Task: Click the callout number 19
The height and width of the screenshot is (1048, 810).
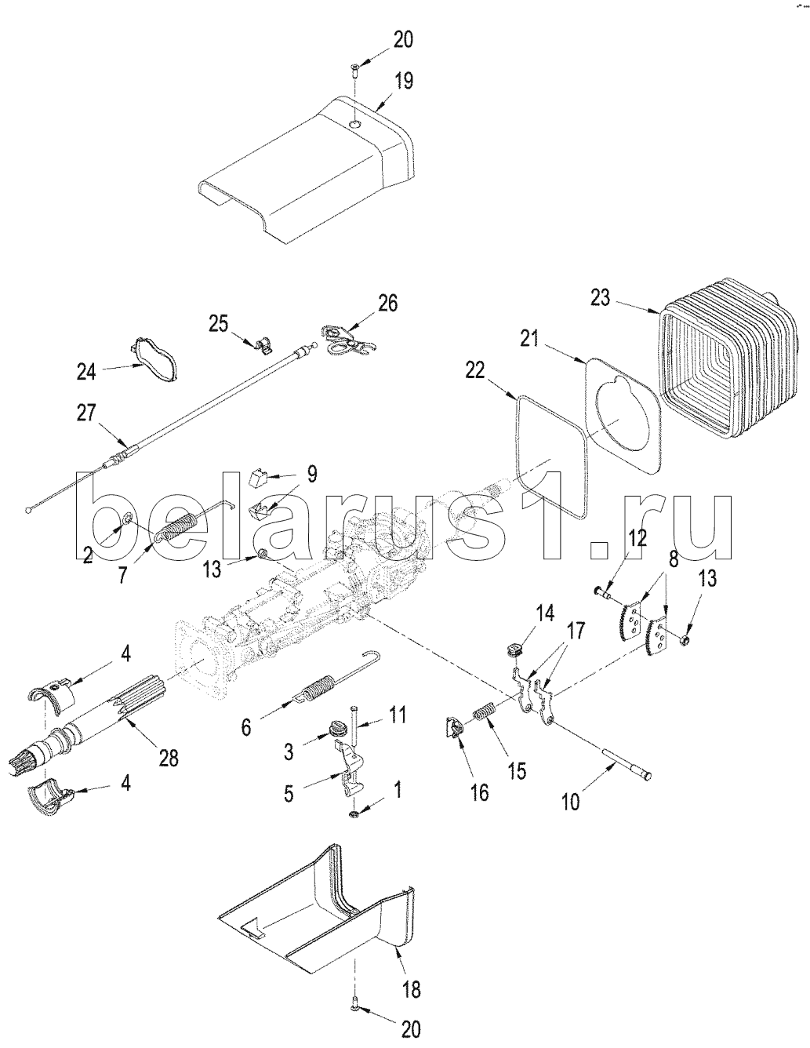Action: pyautogui.click(x=404, y=81)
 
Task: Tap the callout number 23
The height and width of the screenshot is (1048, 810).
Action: pyautogui.click(x=600, y=299)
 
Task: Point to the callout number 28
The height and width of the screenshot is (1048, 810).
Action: pyautogui.click(x=169, y=758)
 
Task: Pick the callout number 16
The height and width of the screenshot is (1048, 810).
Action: pyautogui.click(x=479, y=792)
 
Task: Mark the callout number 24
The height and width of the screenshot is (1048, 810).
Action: pyautogui.click(x=86, y=371)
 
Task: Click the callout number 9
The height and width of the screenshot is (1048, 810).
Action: pyautogui.click(x=312, y=473)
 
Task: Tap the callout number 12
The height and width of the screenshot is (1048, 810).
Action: pyautogui.click(x=637, y=539)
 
